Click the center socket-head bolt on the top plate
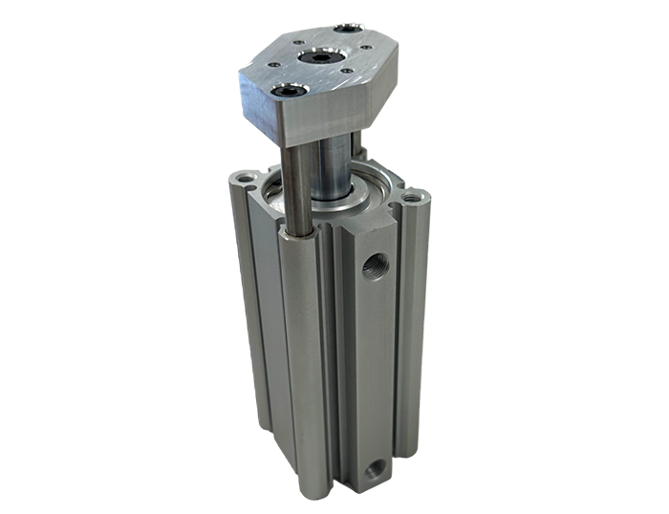click(317, 59)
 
